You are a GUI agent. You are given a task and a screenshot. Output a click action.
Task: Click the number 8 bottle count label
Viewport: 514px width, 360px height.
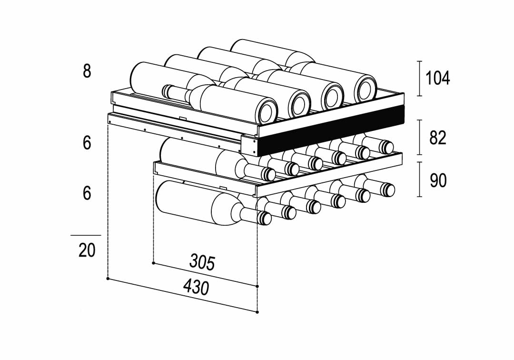pyautogui.click(x=87, y=71)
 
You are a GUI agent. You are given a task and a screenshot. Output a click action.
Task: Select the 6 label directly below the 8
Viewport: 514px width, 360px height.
pyautogui.click(x=87, y=142)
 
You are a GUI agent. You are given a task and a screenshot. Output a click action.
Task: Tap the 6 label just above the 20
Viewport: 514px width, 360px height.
pyautogui.click(x=87, y=193)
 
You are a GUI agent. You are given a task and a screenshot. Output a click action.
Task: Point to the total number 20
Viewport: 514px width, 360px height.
pyautogui.click(x=87, y=250)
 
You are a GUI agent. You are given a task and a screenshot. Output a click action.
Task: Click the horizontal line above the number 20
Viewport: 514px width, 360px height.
pyautogui.click(x=86, y=235)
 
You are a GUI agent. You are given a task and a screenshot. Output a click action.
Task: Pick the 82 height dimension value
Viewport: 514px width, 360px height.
pyautogui.click(x=437, y=137)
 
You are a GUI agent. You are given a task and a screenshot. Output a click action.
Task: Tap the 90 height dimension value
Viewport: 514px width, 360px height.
pyautogui.click(x=437, y=180)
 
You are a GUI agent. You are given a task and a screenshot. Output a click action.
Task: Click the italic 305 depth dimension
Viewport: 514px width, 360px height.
pyautogui.click(x=202, y=262)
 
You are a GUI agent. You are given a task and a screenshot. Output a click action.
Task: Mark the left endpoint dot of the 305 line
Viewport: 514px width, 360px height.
pyautogui.click(x=153, y=262)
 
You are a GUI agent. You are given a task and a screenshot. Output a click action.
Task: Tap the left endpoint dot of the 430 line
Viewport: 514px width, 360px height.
pyautogui.click(x=109, y=279)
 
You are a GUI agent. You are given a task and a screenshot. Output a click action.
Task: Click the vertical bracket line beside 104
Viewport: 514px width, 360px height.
pyautogui.click(x=419, y=78)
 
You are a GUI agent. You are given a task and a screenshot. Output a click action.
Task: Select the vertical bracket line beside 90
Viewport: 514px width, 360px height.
pyautogui.click(x=419, y=179)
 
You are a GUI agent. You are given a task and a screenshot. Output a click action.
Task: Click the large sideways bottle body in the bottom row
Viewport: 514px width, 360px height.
pyautogui.click(x=195, y=205)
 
